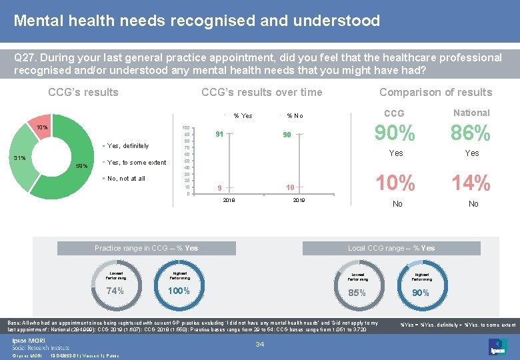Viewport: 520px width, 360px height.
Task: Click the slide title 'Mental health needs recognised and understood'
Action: pyautogui.click(x=197, y=21)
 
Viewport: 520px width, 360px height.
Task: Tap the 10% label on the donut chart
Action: pyautogui.click(x=42, y=127)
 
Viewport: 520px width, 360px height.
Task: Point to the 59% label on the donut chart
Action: pyautogui.click(x=81, y=166)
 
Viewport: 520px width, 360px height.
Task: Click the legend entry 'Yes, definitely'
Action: pyautogui.click(x=127, y=146)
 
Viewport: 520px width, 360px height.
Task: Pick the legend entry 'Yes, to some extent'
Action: pyautogui.click(x=136, y=163)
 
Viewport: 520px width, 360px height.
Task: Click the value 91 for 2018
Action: pyautogui.click(x=218, y=134)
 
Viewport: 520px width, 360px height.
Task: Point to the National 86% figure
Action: pyautogui.click(x=471, y=134)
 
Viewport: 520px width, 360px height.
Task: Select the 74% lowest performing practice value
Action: pyautogui.click(x=115, y=291)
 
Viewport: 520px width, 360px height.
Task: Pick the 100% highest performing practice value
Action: pyautogui.click(x=179, y=291)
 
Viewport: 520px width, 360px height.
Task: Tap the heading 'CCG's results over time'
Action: pyautogui.click(x=261, y=93)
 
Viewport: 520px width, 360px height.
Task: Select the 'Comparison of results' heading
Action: pyautogui.click(x=435, y=93)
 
